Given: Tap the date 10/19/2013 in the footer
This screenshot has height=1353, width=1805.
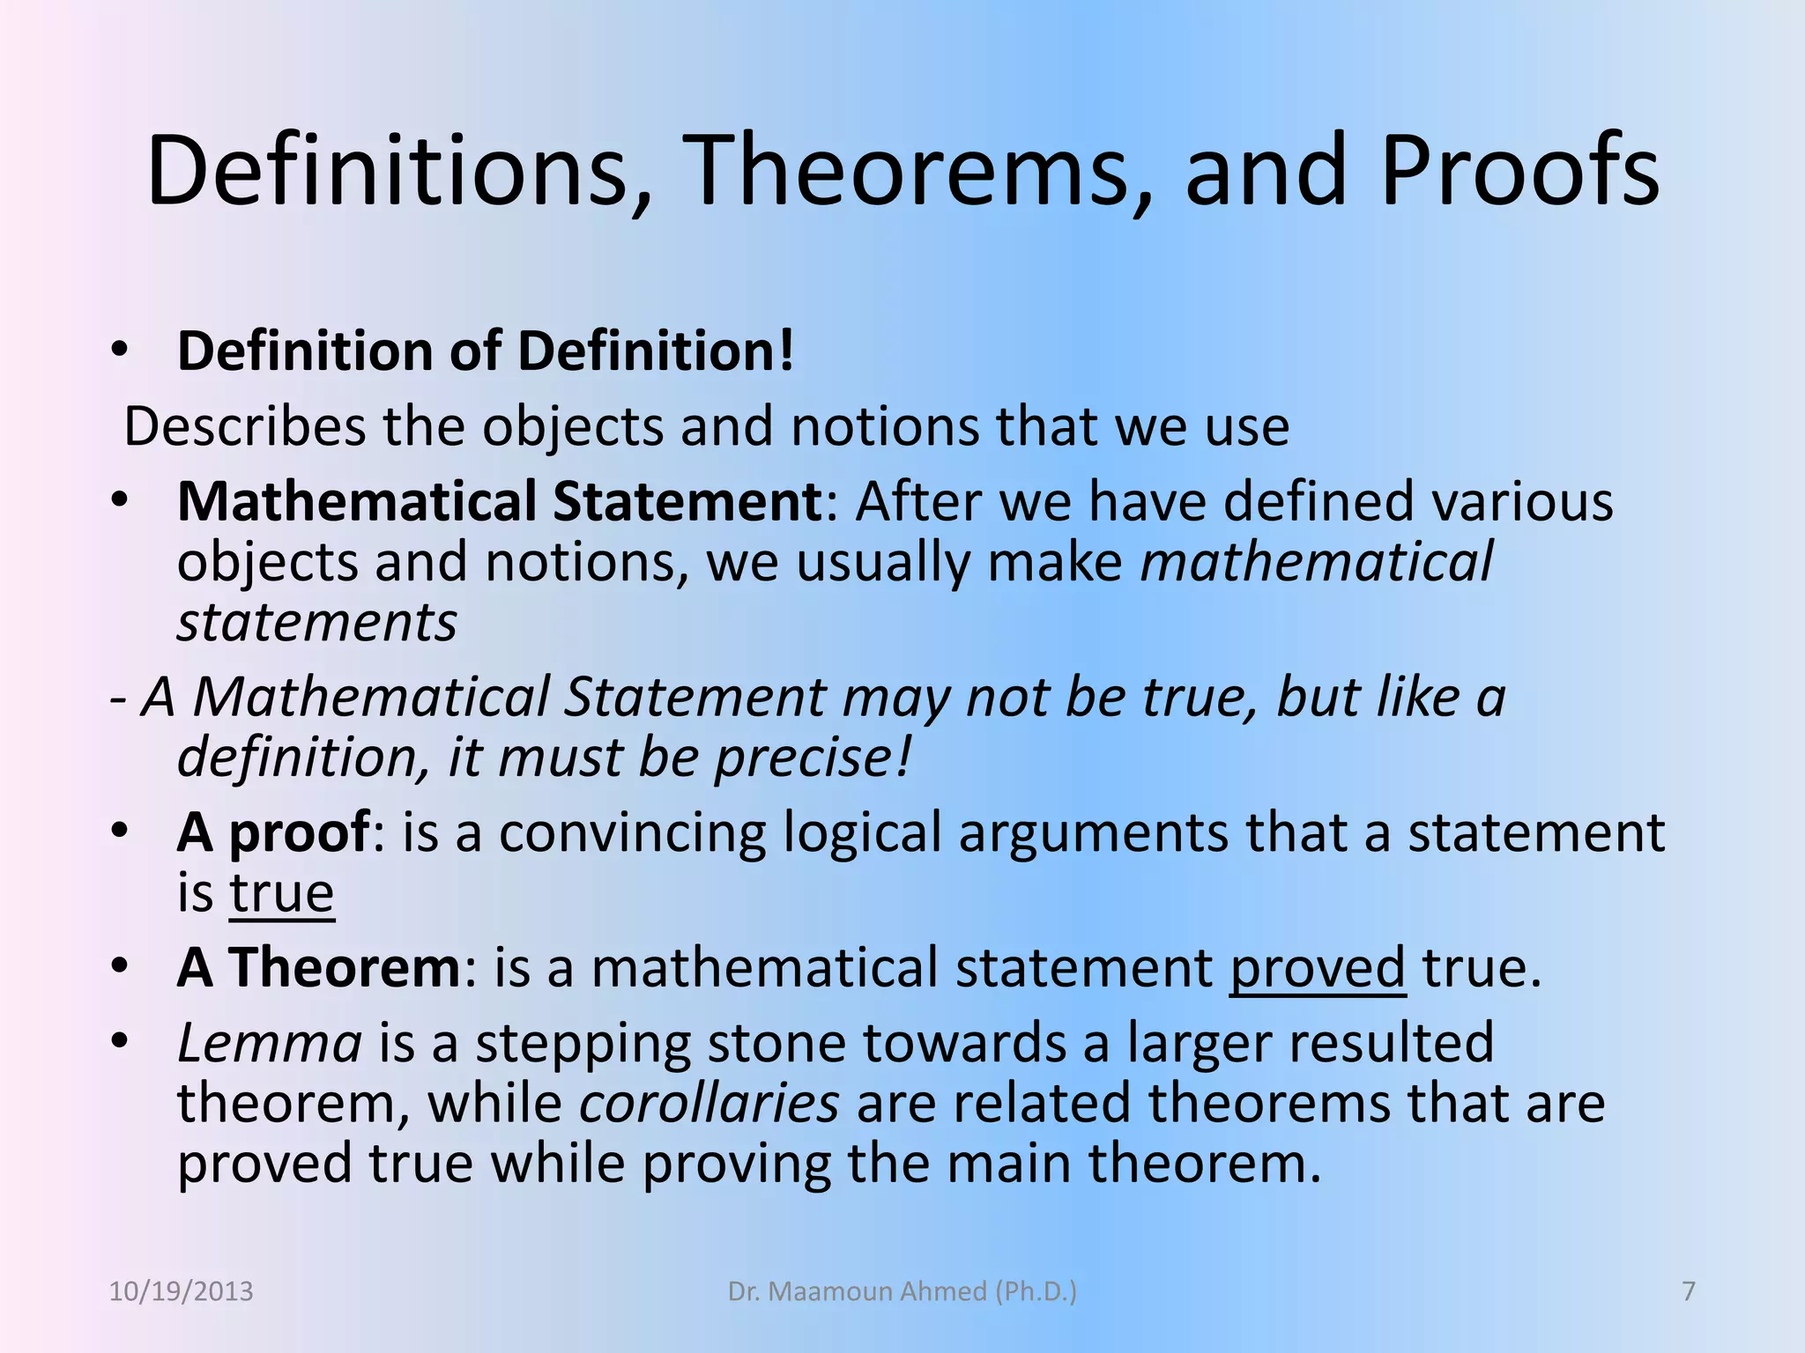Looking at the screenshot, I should pyautogui.click(x=181, y=1291).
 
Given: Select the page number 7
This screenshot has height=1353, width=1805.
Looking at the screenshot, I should pyautogui.click(x=1689, y=1291).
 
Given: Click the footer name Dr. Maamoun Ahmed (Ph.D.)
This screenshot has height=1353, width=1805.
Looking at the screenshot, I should pyautogui.click(x=902, y=1291).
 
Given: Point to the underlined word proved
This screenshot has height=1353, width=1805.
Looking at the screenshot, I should pyautogui.click(x=1317, y=968).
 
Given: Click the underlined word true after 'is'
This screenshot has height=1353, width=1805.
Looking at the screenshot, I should pyautogui.click(x=282, y=893).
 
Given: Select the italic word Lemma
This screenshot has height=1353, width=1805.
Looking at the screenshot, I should pyautogui.click(x=270, y=1043).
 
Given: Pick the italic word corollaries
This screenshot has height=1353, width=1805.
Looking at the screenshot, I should pyautogui.click(x=709, y=1103).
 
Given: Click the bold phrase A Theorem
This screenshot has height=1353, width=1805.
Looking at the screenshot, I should pyautogui.click(x=318, y=967).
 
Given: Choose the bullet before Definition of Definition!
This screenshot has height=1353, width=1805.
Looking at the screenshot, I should pyautogui.click(x=120, y=351).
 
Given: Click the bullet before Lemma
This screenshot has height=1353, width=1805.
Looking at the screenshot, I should pyautogui.click(x=120, y=1043).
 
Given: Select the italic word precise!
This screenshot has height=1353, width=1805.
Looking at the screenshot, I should pyautogui.click(x=812, y=758).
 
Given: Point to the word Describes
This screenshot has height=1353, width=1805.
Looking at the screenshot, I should pyautogui.click(x=244, y=426).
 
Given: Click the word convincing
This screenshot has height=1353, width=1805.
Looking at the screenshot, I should pyautogui.click(x=632, y=832).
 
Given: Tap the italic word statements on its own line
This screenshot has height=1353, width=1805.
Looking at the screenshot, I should pyautogui.click(x=317, y=623).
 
